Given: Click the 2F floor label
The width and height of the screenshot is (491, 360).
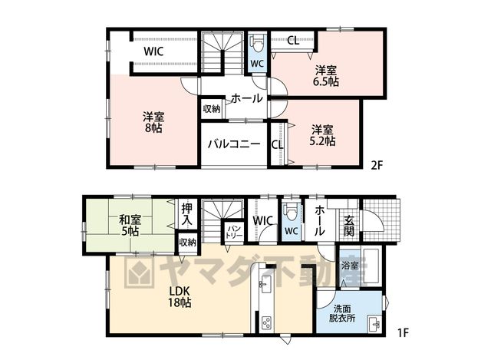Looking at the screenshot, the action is (x=377, y=165).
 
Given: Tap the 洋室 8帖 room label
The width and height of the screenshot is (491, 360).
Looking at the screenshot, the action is (x=153, y=122).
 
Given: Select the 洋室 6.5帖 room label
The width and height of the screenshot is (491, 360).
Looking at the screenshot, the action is (x=325, y=76).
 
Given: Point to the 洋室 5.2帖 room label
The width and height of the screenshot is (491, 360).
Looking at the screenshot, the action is (x=322, y=135).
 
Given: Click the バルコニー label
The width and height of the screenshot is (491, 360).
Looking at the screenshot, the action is (x=234, y=144).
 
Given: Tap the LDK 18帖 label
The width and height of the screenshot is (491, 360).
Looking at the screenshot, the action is (x=180, y=297).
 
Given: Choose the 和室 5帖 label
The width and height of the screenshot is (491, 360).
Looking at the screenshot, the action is (x=130, y=225).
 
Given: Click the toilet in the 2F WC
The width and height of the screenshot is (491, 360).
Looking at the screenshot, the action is (x=258, y=45).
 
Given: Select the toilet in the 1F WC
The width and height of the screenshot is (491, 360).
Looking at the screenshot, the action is (x=290, y=213).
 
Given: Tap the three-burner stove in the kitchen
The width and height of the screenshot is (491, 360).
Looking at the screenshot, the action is (x=267, y=323).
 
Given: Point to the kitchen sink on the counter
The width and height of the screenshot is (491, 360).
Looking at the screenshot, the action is (x=266, y=286).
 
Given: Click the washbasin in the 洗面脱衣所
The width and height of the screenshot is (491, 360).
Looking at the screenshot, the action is (x=374, y=324).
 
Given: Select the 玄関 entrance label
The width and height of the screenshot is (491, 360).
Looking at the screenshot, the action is (x=349, y=226).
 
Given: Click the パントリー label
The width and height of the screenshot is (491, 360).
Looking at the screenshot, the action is (x=234, y=231).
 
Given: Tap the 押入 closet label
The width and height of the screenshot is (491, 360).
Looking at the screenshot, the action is (x=187, y=214).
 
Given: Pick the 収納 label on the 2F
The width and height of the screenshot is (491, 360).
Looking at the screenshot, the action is (x=212, y=109).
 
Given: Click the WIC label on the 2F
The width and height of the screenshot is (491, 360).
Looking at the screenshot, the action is (x=153, y=51).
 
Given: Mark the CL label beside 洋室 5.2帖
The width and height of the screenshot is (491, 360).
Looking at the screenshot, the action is (x=278, y=144).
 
